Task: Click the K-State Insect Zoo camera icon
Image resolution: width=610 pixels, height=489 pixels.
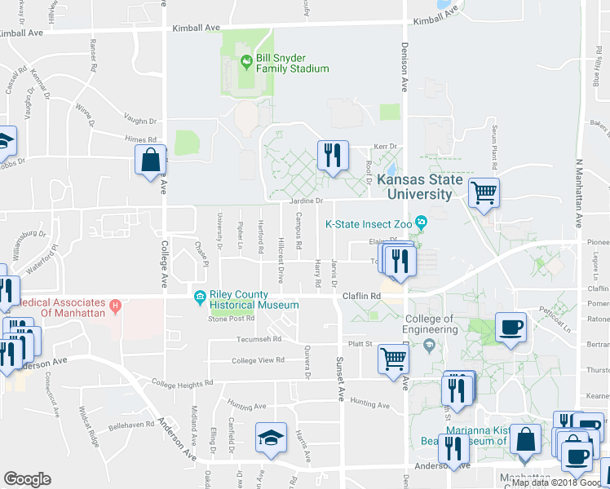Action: click(x=421, y=222)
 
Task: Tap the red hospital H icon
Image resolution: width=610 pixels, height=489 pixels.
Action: click(x=115, y=306)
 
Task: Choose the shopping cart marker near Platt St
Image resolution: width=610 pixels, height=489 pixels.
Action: click(x=394, y=358)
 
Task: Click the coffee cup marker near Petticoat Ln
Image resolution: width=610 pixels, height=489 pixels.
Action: click(x=511, y=328)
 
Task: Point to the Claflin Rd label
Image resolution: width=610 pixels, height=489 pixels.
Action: click(x=363, y=296)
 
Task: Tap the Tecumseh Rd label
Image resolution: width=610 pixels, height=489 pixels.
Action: click(x=259, y=339)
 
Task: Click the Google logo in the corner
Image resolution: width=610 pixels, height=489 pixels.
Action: click(x=27, y=479)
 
